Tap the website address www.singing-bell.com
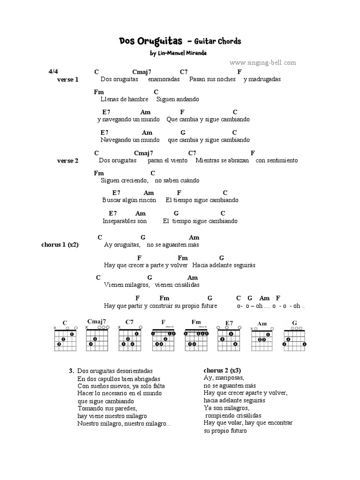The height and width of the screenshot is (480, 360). click(x=263, y=62)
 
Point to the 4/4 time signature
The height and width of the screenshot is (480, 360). click(x=53, y=72)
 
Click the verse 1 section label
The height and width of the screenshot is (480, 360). click(x=68, y=80)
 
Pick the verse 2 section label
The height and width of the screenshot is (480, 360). click(x=68, y=161)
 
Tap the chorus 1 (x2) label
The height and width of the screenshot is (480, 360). click(x=60, y=245)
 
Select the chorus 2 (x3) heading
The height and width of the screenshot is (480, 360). click(x=223, y=370)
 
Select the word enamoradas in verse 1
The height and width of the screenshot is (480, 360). click(x=164, y=79)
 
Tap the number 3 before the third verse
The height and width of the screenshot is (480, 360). click(x=70, y=371)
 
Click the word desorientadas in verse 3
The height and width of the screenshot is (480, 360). click(x=136, y=371)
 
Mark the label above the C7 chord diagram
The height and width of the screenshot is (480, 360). click(x=129, y=322)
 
